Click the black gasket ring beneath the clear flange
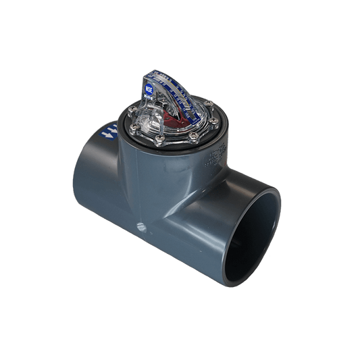click(169, 153)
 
